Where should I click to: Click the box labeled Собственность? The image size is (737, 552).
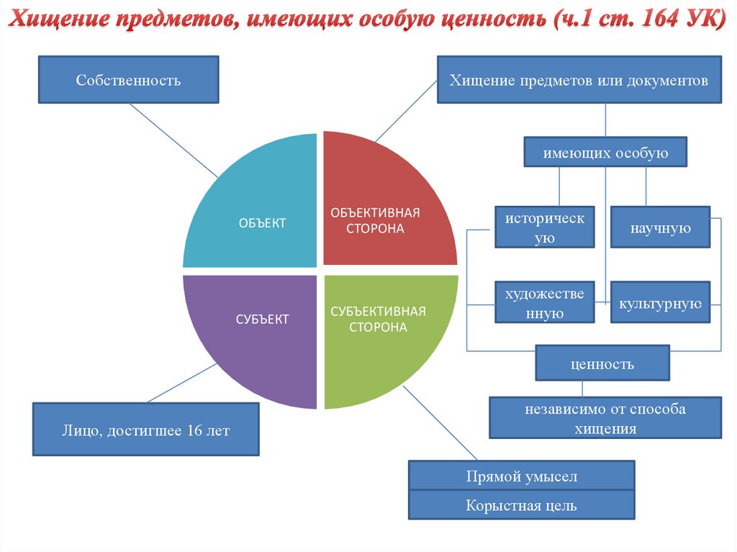click(128, 80)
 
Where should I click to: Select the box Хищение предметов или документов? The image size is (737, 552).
click(579, 80)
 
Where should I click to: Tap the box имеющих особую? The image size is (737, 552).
click(605, 153)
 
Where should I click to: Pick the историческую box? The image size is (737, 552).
click(544, 227)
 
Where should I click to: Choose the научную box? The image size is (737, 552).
click(660, 228)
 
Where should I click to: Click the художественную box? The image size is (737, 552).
click(544, 302)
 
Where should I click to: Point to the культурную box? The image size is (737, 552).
click(660, 302)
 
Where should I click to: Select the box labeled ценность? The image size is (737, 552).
click(602, 363)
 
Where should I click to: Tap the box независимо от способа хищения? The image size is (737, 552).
click(605, 418)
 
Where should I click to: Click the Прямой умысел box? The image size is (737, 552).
click(521, 476)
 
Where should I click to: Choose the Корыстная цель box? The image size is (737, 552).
click(521, 505)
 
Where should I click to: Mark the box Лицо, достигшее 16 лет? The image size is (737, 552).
click(145, 430)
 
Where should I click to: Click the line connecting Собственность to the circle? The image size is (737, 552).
click(173, 140)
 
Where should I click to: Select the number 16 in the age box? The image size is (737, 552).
click(193, 430)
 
